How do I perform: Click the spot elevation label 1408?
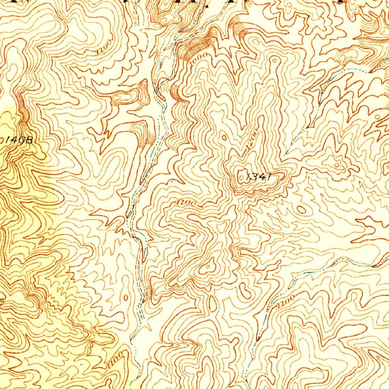19,139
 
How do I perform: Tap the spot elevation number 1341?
258,176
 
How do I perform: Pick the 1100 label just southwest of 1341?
187,204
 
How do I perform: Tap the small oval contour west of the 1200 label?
224,137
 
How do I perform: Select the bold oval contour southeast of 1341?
301,209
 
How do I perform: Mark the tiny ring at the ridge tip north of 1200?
274,60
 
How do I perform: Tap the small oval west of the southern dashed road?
126,297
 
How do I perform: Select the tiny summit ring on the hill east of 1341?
337,164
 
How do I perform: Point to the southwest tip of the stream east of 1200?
286,154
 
